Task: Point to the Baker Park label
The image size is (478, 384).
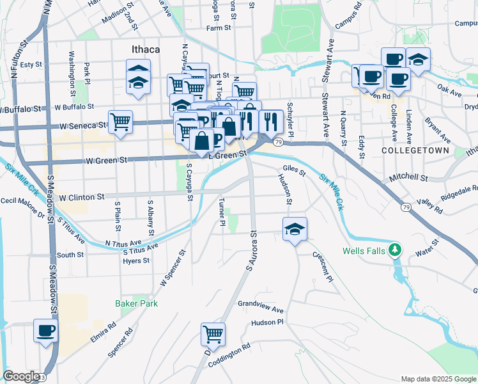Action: point(136,303)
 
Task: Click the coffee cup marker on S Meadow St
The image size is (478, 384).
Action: point(46,331)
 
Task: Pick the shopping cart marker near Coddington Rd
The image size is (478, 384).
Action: point(213,333)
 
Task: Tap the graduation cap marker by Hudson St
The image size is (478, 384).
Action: point(295,228)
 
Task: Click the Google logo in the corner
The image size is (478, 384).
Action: point(22,376)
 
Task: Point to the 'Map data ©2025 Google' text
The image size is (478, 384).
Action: point(438,379)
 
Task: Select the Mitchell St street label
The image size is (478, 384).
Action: point(410,177)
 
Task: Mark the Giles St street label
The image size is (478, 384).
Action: point(294,171)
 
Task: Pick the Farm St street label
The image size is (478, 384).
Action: point(218,28)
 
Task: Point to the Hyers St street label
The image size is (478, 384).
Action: point(137,260)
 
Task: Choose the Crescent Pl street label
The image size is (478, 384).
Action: point(323,265)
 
